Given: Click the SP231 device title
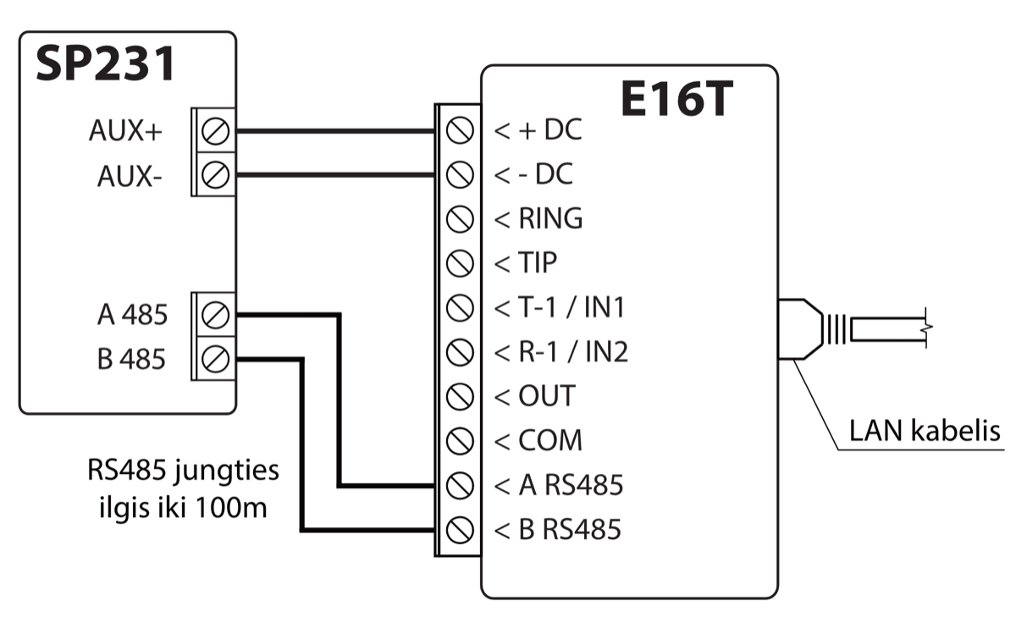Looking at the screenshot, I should [105, 64].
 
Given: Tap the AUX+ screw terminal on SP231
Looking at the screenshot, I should [217, 131].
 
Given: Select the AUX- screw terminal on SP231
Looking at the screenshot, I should [217, 175].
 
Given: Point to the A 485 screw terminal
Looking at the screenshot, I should [217, 315].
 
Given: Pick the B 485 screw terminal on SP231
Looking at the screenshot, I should [217, 359].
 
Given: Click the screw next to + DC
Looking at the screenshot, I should [458, 131].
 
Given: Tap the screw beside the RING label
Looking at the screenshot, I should [458, 219].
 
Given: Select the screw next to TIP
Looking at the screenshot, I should [458, 263].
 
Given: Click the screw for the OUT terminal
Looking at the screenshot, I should [458, 396].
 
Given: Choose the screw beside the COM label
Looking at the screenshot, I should [458, 440].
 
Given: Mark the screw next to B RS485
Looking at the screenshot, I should [458, 530].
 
